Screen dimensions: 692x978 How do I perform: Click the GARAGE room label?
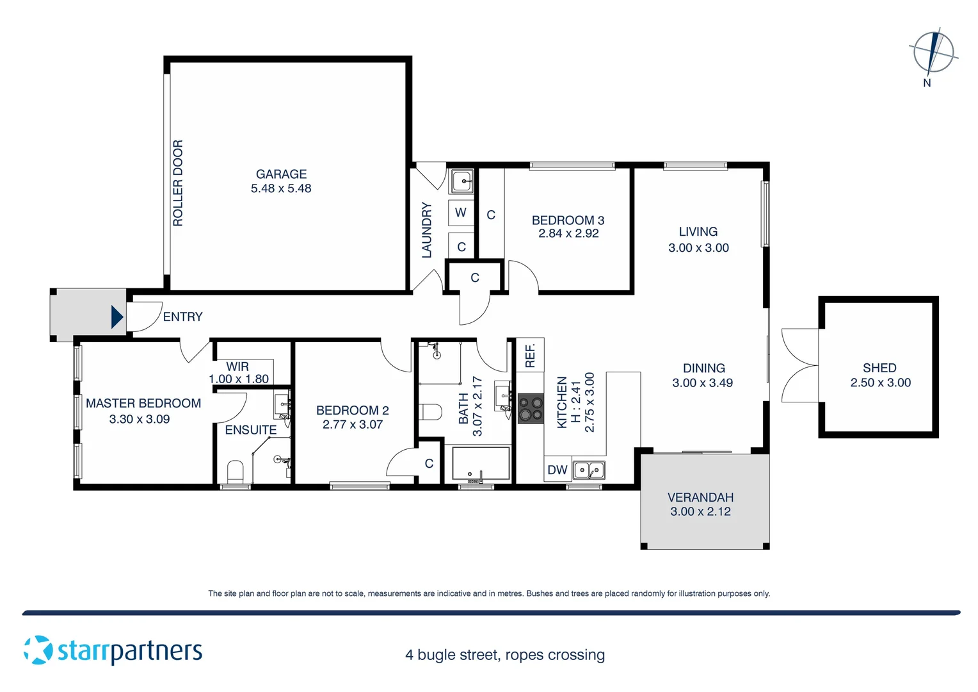pos(281,174)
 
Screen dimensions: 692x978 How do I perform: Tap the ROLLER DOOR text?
pos(178,183)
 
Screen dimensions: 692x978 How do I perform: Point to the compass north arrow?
pos(934,53)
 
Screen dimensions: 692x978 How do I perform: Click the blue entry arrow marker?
pos(117,317)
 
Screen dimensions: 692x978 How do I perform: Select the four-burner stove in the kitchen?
pos(530,409)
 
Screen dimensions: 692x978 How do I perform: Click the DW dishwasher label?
pos(557,470)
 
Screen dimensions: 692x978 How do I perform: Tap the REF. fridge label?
pos(530,356)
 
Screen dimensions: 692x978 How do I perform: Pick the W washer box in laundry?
pos(461,213)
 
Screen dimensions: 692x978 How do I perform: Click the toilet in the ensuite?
pos(236,472)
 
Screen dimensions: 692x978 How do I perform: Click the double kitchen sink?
pos(588,470)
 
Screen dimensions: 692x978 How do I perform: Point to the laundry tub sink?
pos(461,181)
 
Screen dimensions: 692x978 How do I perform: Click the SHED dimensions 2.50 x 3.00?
pos(880,383)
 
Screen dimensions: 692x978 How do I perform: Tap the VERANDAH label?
pos(700,497)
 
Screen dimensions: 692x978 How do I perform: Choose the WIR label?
pos(237,367)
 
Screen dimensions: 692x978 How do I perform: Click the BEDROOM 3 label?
pos(568,220)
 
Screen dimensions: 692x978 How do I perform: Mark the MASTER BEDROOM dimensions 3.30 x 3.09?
pos(140,419)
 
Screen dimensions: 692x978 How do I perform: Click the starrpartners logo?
pos(113,650)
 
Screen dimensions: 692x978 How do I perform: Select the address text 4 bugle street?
pos(505,655)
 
